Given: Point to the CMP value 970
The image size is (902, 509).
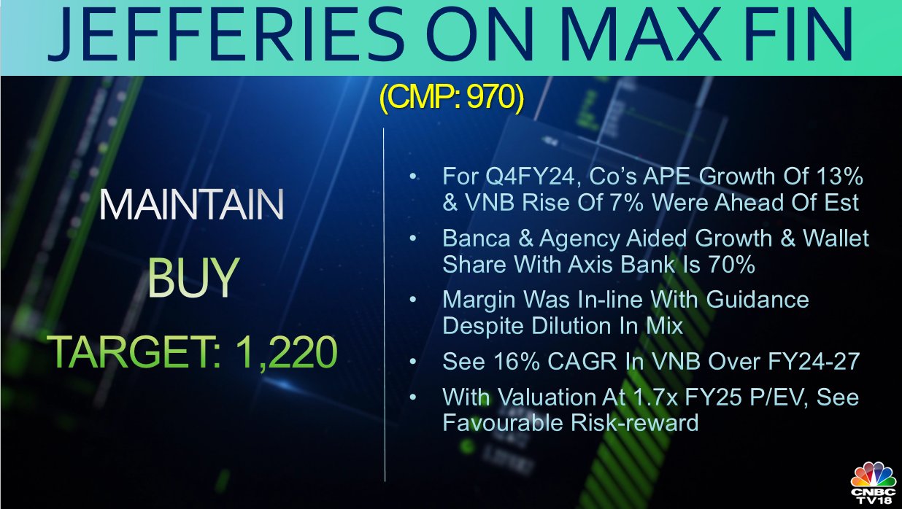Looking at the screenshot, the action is pyautogui.click(x=491, y=98).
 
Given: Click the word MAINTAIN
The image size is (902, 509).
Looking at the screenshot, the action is pyautogui.click(x=192, y=204).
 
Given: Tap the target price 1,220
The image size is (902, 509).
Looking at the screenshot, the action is pyautogui.click(x=286, y=352).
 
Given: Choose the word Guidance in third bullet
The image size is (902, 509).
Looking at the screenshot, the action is pyautogui.click(x=758, y=300).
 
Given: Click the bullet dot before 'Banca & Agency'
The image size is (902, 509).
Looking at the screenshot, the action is pyautogui.click(x=412, y=238).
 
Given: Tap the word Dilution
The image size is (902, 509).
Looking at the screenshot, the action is pyautogui.click(x=573, y=326).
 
